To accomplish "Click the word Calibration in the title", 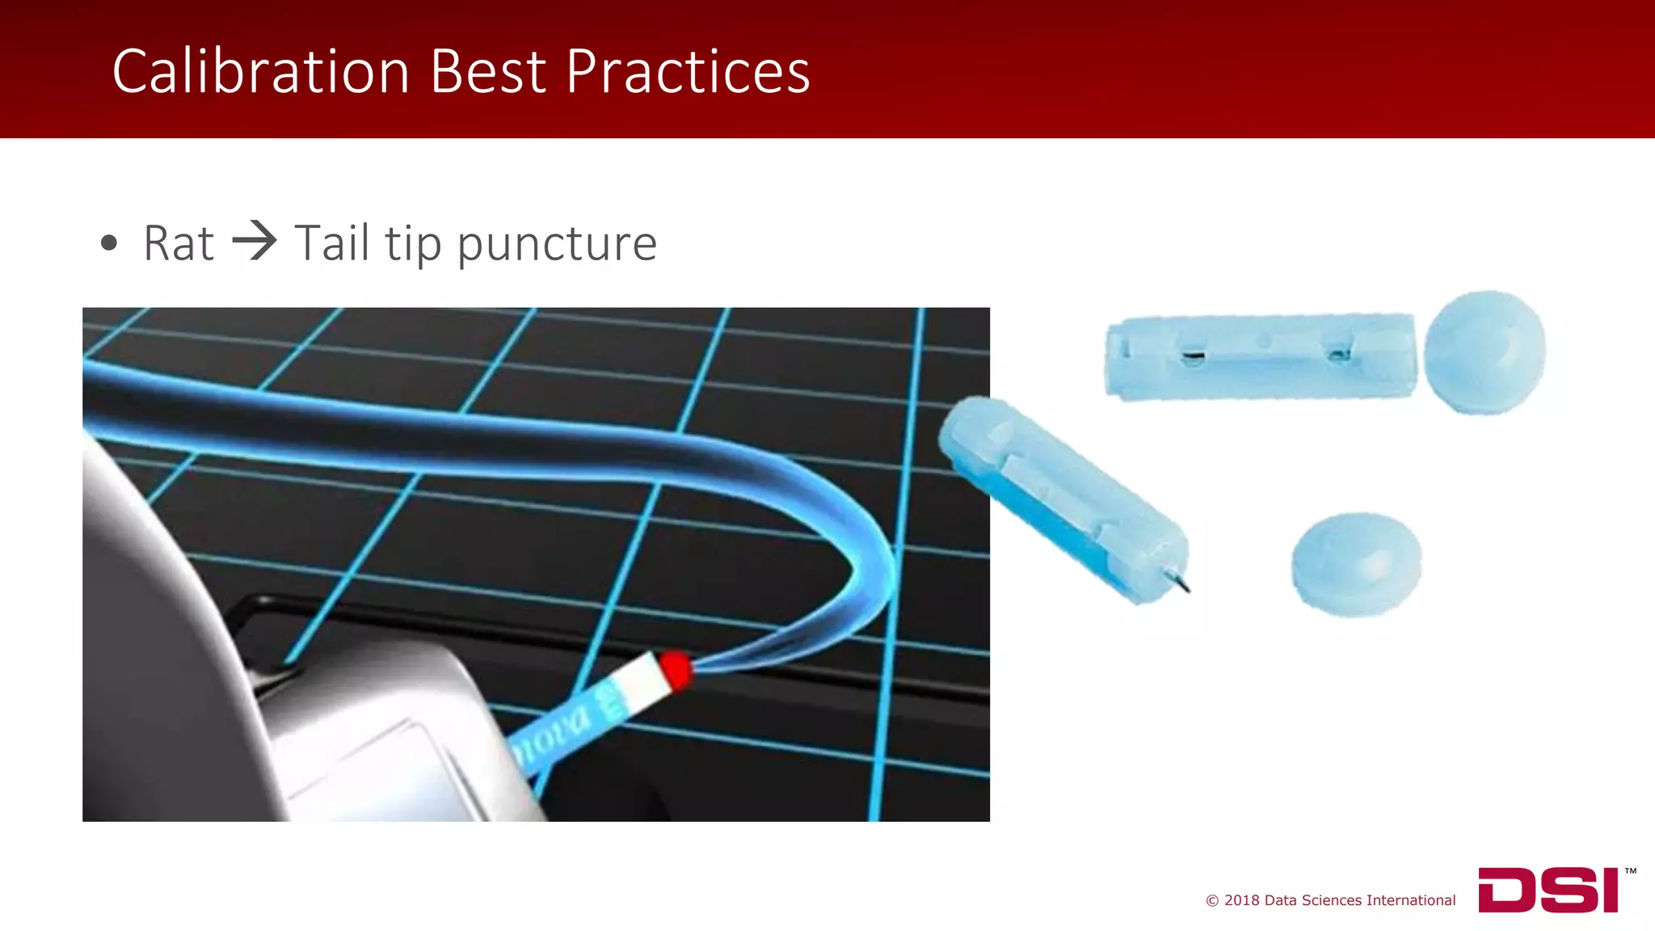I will [260, 71].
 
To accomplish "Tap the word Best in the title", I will [488, 71].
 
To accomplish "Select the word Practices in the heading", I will [687, 71].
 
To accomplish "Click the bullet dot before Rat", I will [109, 242].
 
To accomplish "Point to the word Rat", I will [179, 242].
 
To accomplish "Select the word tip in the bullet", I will [413, 244].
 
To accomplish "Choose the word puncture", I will [557, 244].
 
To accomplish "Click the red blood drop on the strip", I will [675, 668].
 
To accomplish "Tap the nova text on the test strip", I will [553, 737].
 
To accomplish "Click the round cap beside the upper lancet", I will [1484, 352].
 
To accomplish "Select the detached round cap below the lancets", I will [1356, 562].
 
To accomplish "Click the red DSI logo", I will [1548, 890].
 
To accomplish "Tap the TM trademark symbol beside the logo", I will [1630, 871].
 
